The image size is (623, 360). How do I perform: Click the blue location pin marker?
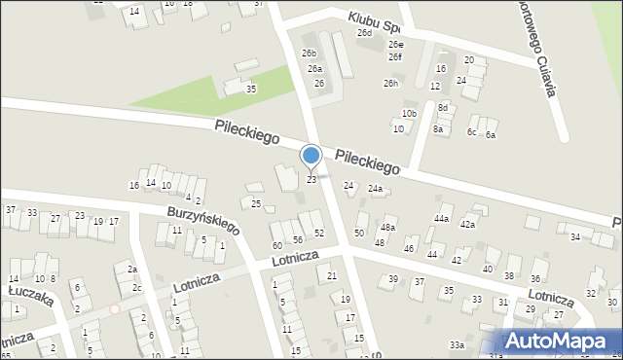(x=311, y=157)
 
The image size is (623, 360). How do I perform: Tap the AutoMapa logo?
(x=559, y=341)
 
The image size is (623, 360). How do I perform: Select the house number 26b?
(x=309, y=54)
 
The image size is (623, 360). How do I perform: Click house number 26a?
(x=314, y=69)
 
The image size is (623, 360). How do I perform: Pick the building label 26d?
(x=364, y=33)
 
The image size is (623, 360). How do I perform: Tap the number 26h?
(x=390, y=84)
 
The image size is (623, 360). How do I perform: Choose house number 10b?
(x=409, y=114)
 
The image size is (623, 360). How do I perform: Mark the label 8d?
(x=443, y=107)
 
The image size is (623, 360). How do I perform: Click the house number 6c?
(x=472, y=132)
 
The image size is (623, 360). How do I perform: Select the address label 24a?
(x=375, y=189)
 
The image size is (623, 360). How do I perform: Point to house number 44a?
(x=442, y=219)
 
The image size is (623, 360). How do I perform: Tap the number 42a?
(x=467, y=225)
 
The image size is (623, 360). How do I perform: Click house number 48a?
(x=387, y=228)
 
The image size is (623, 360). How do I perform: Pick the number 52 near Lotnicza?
(x=318, y=233)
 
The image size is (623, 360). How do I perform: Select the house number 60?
(x=277, y=246)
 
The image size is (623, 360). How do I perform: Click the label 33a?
(x=456, y=345)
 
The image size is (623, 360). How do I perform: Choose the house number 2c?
(x=138, y=288)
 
